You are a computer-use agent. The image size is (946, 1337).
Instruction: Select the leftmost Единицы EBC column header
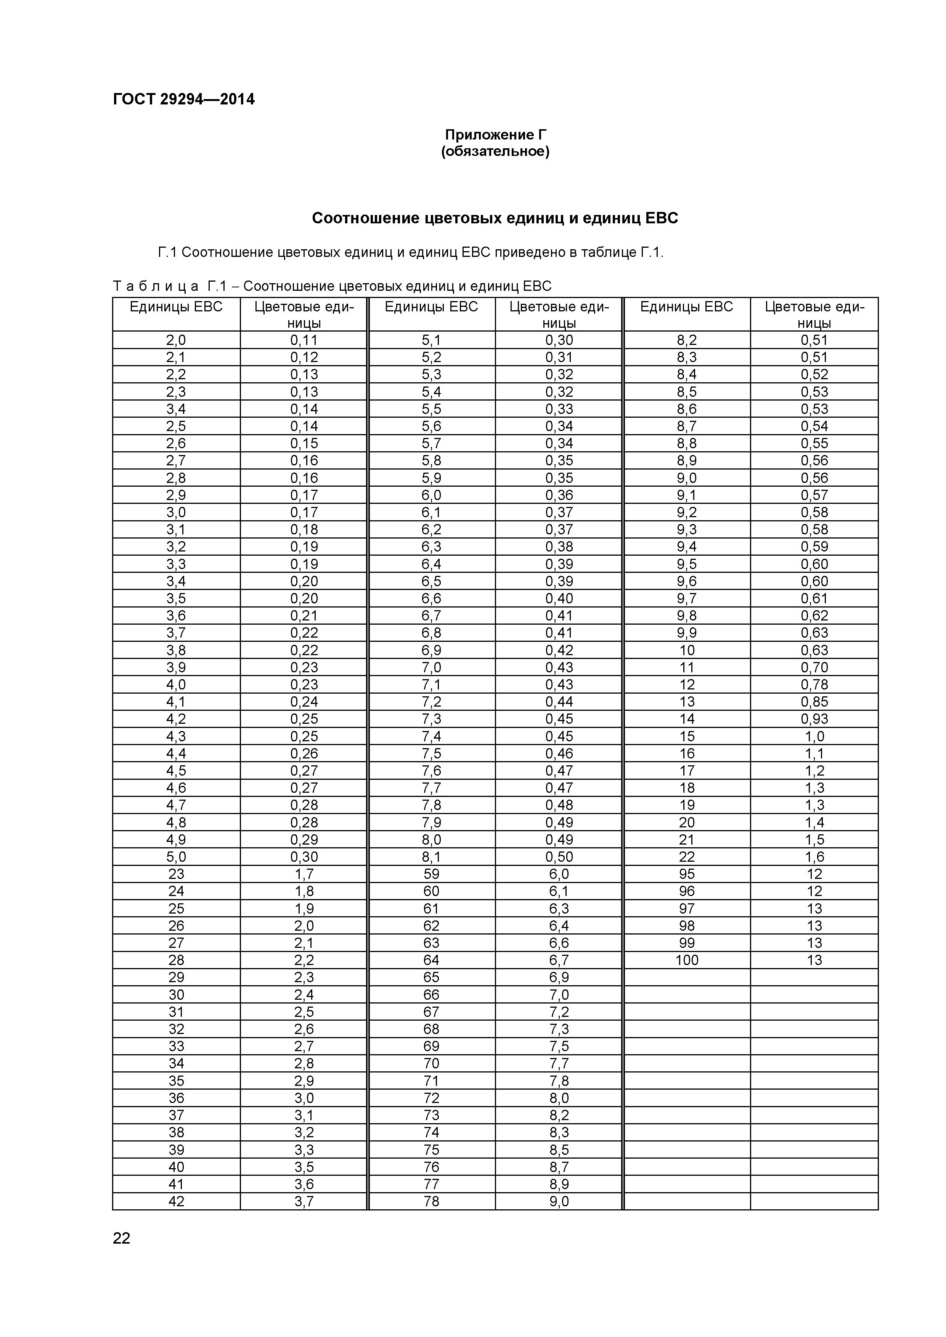click(x=176, y=307)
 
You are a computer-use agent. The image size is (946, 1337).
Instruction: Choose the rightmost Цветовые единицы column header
click(x=814, y=314)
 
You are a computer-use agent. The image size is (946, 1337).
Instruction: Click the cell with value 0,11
click(x=304, y=340)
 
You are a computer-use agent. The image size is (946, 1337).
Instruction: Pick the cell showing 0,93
click(x=814, y=718)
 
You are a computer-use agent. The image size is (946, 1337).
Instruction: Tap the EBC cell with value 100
click(x=687, y=960)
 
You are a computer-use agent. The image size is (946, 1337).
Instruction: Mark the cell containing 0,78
click(x=814, y=684)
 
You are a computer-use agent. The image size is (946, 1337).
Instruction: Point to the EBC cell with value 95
click(x=687, y=874)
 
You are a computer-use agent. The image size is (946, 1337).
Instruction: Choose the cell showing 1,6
click(x=814, y=857)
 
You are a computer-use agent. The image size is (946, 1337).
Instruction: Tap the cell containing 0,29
click(x=304, y=839)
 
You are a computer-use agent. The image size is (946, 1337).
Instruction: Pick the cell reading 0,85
click(x=814, y=702)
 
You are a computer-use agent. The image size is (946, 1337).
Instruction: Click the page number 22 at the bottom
click(x=122, y=1238)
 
